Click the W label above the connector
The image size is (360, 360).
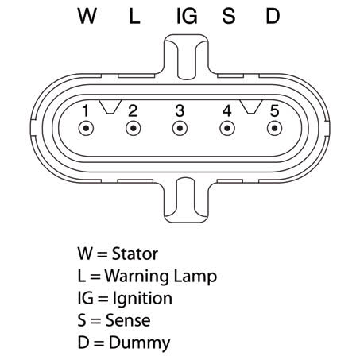[x=87, y=16]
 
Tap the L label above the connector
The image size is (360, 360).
[x=134, y=16]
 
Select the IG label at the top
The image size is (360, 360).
[x=187, y=16]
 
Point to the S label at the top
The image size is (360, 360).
[x=229, y=16]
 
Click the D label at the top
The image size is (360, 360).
[x=273, y=16]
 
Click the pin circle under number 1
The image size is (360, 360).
[x=86, y=128]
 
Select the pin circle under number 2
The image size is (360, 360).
[x=134, y=128]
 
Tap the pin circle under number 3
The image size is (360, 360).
[x=180, y=128]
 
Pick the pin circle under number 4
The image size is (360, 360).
[x=227, y=128]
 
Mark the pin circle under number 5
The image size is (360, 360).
[x=275, y=128]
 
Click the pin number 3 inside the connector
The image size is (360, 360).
[x=180, y=110]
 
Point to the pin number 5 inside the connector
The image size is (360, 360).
[x=275, y=110]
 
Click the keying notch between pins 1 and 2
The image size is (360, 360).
[x=110, y=106]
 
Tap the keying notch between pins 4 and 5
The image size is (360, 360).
[x=251, y=106]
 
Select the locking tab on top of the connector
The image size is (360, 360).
[x=187, y=56]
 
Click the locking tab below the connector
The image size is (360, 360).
[x=187, y=200]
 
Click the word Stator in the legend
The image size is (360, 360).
[x=135, y=254]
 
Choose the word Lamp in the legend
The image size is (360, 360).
[x=195, y=277]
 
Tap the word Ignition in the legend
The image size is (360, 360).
[x=142, y=299]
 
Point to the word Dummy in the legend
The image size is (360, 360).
[x=139, y=343]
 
